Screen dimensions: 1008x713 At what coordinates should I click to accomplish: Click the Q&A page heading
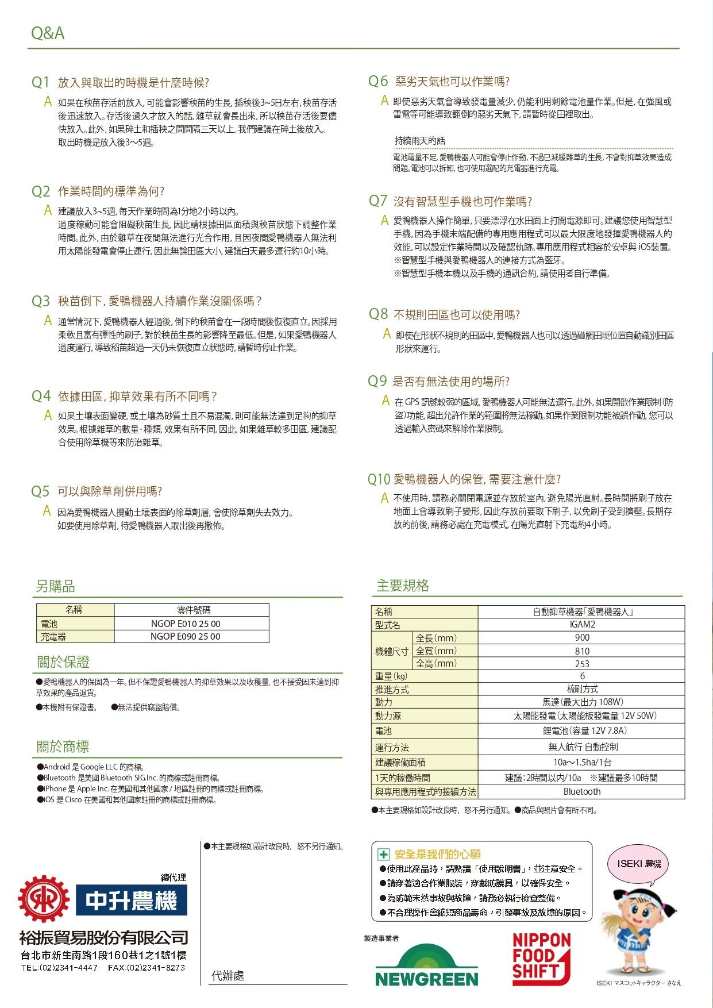coord(48,33)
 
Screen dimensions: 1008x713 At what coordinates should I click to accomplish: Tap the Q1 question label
coord(41,82)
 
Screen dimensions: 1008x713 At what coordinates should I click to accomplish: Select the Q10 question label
coord(379,479)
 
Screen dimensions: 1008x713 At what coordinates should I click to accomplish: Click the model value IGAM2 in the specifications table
coord(581,625)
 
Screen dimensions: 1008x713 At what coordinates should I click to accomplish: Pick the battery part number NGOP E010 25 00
coord(186,624)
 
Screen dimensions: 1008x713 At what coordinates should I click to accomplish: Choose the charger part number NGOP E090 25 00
coord(186,636)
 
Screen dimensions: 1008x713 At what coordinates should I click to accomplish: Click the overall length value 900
coord(581,638)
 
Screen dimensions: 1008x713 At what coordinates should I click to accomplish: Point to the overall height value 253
coord(581,664)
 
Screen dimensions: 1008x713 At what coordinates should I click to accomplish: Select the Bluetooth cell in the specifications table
coord(581,792)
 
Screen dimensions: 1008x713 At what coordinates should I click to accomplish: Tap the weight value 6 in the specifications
coord(581,676)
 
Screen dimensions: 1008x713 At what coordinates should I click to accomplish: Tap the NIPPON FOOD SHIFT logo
coord(541,957)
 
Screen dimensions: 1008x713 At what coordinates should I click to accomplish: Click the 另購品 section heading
coord(55,586)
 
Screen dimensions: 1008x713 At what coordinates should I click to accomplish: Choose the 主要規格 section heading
coord(403,586)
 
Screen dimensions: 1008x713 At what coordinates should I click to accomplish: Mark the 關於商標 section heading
coord(63,747)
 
